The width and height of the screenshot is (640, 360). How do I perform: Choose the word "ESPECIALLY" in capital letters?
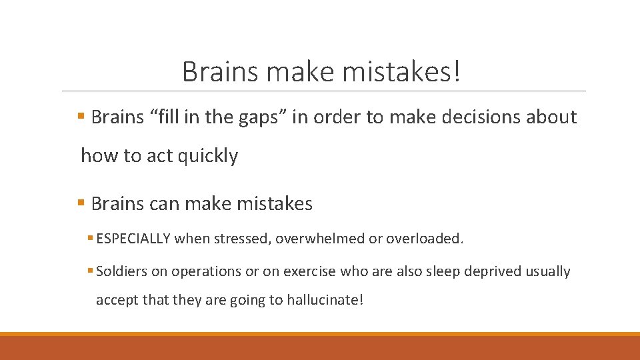[133, 238]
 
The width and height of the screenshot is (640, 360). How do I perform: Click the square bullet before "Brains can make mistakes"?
[81, 203]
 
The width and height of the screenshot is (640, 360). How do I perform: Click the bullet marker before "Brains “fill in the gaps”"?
[81, 117]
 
